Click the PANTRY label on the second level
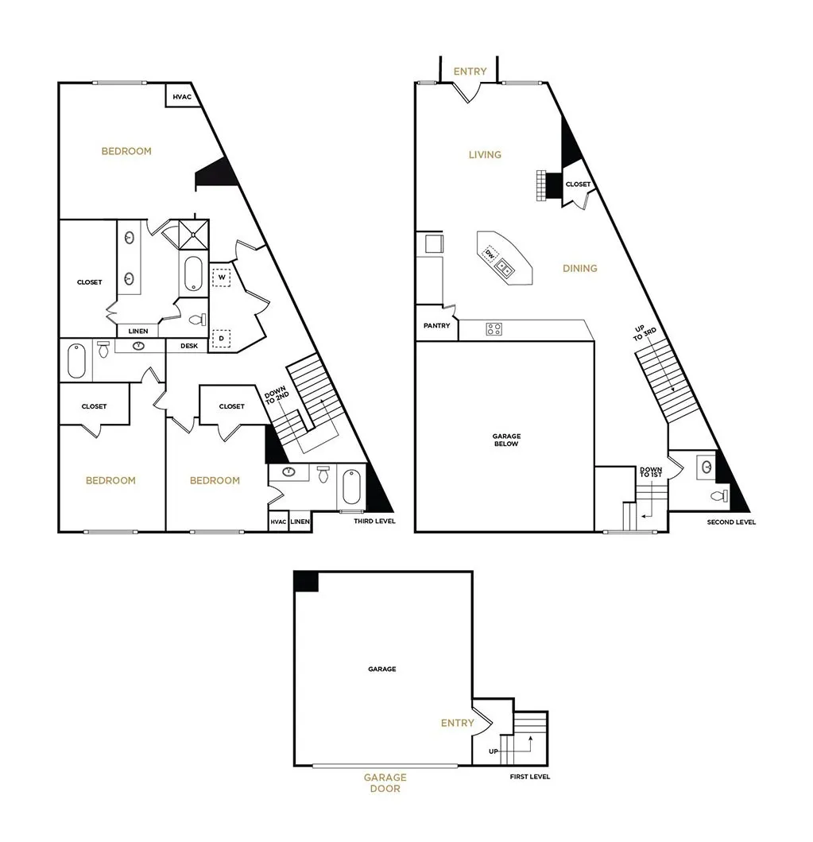click(436, 326)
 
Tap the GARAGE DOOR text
click(385, 783)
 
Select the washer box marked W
click(223, 277)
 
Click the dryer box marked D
click(223, 338)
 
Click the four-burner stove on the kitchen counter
click(494, 329)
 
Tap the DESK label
click(189, 346)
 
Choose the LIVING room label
click(485, 154)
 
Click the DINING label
click(579, 269)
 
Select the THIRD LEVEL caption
click(374, 522)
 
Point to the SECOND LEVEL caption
click(731, 522)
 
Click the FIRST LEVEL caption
click(529, 777)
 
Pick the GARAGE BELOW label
click(505, 440)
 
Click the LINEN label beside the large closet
click(137, 331)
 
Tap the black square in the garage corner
click(306, 581)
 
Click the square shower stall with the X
click(192, 234)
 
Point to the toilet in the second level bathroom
click(718, 497)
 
